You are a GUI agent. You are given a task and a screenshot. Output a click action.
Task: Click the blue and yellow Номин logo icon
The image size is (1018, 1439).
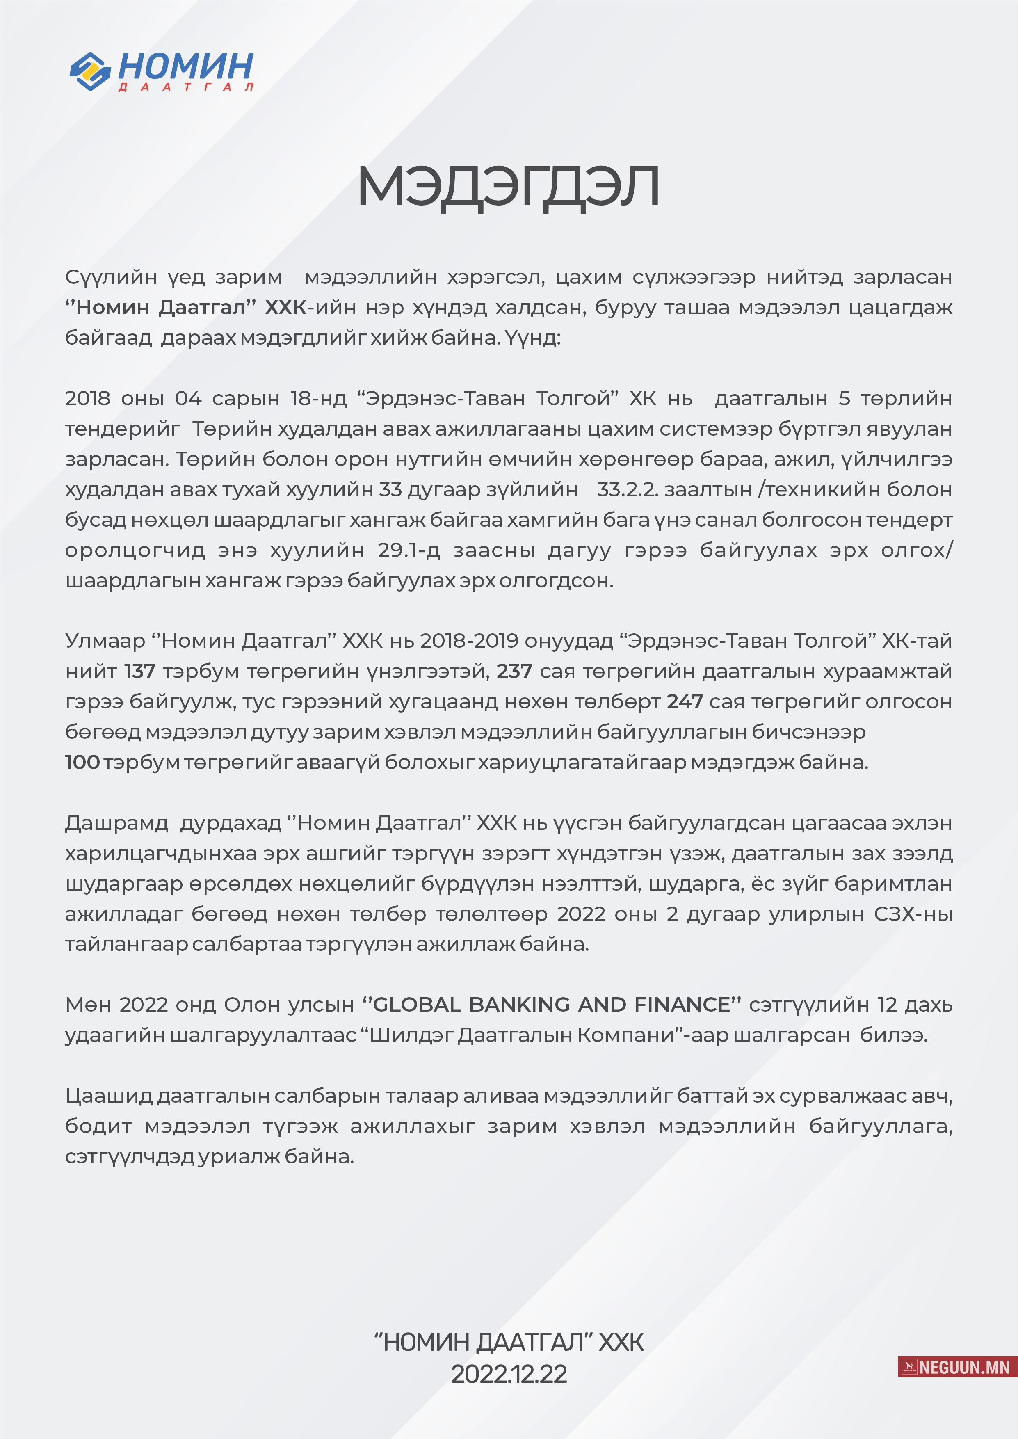(90, 71)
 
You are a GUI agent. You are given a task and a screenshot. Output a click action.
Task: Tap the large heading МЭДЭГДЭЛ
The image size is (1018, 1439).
(508, 186)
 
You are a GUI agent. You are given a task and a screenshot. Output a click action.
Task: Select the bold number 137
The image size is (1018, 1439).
(139, 671)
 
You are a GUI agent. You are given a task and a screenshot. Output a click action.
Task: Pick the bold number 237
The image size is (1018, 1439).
(514, 671)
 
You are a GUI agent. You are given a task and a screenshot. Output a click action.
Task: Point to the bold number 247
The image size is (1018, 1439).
(685, 701)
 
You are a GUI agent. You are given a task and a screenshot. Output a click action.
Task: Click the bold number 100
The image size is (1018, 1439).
(82, 762)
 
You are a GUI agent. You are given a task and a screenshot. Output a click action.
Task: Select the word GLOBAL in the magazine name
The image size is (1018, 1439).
(417, 1005)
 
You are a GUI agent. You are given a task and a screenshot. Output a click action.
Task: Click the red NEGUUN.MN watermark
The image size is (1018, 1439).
(957, 1367)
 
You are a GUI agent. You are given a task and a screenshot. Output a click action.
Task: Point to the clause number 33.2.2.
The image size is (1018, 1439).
(628, 489)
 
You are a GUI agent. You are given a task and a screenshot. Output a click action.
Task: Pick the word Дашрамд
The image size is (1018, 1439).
(116, 823)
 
